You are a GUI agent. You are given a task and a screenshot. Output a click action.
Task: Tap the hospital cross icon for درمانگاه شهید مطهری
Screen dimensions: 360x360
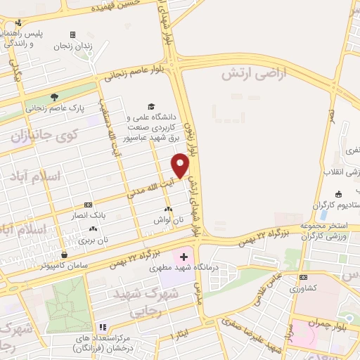(184, 257)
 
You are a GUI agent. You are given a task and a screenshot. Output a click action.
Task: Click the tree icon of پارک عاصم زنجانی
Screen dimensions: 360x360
(55, 97)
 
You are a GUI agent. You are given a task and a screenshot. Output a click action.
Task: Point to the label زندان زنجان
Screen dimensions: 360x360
(73, 46)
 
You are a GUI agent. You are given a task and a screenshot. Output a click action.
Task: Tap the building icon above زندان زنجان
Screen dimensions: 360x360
(72, 34)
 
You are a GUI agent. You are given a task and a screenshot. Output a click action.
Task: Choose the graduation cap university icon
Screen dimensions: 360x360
(151, 106)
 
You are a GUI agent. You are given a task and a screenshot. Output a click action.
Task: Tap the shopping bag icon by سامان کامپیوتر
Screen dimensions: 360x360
(65, 255)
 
